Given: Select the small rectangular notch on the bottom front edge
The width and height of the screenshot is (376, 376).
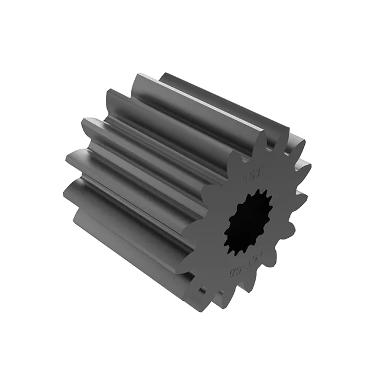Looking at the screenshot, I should pos(202,287).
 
